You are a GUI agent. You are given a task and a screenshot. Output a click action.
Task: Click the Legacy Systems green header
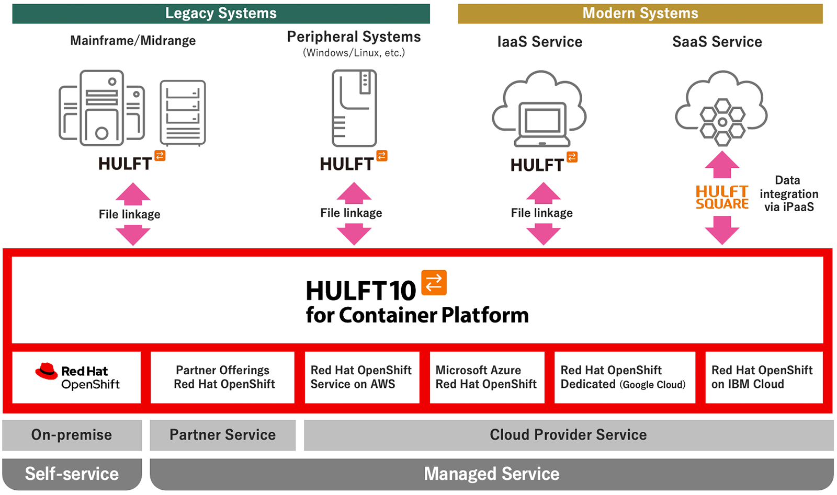[x=221, y=14]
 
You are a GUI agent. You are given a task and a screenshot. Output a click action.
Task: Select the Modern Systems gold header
[x=640, y=14]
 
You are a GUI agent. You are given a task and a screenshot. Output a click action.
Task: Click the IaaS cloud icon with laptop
[x=539, y=110]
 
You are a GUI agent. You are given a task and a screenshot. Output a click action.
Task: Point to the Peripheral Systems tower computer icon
[x=354, y=108]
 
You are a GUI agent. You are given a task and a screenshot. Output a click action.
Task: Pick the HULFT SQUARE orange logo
[x=722, y=198]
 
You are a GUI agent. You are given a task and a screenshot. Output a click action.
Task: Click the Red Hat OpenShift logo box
[x=76, y=377]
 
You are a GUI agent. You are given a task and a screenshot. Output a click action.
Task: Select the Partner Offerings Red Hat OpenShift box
[x=222, y=377]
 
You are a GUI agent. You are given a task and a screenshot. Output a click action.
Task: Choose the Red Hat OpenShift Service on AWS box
[x=361, y=377]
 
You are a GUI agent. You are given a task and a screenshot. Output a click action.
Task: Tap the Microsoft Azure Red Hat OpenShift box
[x=487, y=377]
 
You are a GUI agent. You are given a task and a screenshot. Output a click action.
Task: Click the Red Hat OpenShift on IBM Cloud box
[x=763, y=377]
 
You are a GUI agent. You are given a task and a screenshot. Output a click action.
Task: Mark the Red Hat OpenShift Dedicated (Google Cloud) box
[x=624, y=377]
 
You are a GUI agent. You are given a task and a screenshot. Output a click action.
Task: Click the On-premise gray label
[x=72, y=435]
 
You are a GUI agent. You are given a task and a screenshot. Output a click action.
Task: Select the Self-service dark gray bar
[x=72, y=474]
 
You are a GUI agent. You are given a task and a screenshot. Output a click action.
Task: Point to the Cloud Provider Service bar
[x=568, y=435]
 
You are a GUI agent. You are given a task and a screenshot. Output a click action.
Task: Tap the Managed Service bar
[x=491, y=474]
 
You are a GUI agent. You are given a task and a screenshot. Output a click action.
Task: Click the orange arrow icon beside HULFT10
[x=434, y=283]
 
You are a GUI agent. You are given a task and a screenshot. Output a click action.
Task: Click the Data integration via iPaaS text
[x=788, y=194]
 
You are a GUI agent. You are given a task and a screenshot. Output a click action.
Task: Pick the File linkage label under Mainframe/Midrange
[x=130, y=214]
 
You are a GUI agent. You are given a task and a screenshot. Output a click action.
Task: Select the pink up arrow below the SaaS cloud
[x=722, y=165]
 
